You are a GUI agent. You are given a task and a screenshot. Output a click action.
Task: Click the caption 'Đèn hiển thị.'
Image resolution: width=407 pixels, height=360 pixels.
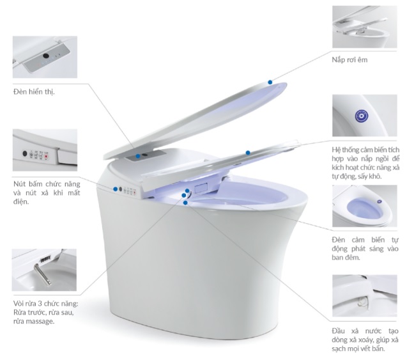(34, 92)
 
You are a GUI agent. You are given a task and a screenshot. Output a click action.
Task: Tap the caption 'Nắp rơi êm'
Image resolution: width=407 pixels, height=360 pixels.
(349, 60)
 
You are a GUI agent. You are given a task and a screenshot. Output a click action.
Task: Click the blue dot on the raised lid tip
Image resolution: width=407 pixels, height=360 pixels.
(270, 82)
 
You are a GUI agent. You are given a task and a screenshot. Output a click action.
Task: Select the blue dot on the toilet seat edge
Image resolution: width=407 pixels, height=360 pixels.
(248, 153)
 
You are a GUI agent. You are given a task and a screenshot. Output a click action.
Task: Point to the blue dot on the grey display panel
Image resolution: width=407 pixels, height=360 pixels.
(138, 156)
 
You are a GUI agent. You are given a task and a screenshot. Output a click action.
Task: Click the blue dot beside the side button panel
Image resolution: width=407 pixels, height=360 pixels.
(115, 189)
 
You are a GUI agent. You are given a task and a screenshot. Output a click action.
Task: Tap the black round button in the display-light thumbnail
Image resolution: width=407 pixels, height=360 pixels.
(46, 56)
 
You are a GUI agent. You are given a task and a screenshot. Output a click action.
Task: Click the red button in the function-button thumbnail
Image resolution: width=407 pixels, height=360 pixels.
(47, 157)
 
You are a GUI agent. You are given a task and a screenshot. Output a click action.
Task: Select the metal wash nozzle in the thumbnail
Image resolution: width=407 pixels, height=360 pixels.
(43, 274)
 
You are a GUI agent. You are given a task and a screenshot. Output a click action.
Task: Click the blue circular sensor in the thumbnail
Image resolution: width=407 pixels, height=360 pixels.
(362, 116)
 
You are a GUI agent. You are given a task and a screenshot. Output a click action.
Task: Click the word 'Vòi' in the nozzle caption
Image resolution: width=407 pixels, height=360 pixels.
(19, 303)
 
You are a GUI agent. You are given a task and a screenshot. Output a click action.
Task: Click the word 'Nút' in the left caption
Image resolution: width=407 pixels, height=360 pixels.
(20, 184)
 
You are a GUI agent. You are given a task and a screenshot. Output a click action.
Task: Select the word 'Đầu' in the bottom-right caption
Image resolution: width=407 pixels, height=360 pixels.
(338, 331)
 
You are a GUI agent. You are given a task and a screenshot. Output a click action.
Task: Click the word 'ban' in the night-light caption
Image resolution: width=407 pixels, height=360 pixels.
(337, 258)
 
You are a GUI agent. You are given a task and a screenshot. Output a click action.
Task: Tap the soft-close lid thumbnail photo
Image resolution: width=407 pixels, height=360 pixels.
(364, 27)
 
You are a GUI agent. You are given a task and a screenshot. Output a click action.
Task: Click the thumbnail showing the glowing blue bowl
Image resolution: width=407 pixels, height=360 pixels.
(364, 206)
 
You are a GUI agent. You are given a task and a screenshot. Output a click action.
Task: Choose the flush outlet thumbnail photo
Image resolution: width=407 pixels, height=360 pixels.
(364, 295)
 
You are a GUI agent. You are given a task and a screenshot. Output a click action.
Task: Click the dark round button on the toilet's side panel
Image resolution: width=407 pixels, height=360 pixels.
(120, 189)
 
